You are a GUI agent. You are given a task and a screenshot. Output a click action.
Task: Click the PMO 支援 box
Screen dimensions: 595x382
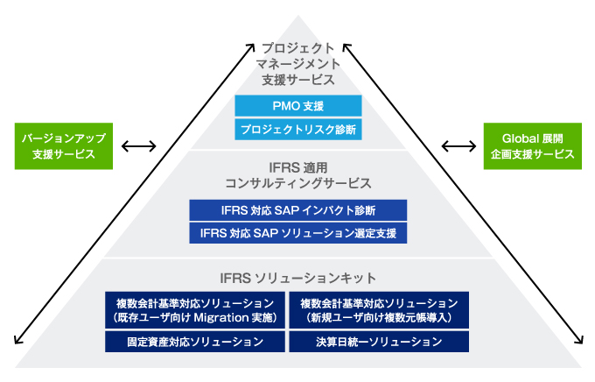pyautogui.click(x=297, y=106)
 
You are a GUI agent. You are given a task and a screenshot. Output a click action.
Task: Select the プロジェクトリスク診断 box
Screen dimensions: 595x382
pyautogui.click(x=297, y=130)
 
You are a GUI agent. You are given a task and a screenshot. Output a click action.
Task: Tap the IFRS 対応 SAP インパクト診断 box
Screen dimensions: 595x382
pyautogui.click(x=297, y=210)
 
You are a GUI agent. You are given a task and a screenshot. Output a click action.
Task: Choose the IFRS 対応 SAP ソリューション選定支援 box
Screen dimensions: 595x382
pyautogui.click(x=297, y=233)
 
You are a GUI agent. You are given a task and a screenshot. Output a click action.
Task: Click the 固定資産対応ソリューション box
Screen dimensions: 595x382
pyautogui.click(x=195, y=342)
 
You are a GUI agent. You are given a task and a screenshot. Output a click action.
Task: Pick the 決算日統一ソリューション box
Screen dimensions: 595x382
pyautogui.click(x=379, y=342)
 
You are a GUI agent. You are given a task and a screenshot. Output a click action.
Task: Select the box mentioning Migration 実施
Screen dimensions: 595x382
pyautogui.click(x=195, y=310)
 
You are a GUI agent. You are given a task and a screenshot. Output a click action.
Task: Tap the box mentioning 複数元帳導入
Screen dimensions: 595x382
pyautogui.click(x=379, y=310)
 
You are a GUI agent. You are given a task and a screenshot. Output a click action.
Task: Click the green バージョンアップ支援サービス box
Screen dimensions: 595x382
pyautogui.click(x=64, y=146)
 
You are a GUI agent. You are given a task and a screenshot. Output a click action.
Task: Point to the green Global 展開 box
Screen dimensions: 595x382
pyautogui.click(x=532, y=146)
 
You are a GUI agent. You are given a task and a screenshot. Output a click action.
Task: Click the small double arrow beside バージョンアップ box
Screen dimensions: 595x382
pyautogui.click(x=138, y=146)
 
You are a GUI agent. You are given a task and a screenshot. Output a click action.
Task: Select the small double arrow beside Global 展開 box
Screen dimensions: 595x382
pyautogui.click(x=458, y=146)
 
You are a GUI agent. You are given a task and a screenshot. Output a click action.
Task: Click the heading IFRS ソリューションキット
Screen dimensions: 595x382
pyautogui.click(x=297, y=279)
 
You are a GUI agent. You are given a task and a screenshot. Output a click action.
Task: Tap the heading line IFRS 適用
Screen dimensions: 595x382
pyautogui.click(x=297, y=167)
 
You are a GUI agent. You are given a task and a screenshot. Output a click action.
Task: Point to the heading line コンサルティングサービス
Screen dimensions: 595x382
pyautogui.click(x=297, y=183)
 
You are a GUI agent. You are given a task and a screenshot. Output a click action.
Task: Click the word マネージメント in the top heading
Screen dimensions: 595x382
pyautogui.click(x=297, y=64)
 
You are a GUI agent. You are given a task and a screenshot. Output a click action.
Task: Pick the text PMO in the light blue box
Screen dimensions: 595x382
pyautogui.click(x=286, y=106)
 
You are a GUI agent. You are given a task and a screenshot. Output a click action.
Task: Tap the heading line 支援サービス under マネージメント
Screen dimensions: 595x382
pyautogui.click(x=297, y=80)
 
